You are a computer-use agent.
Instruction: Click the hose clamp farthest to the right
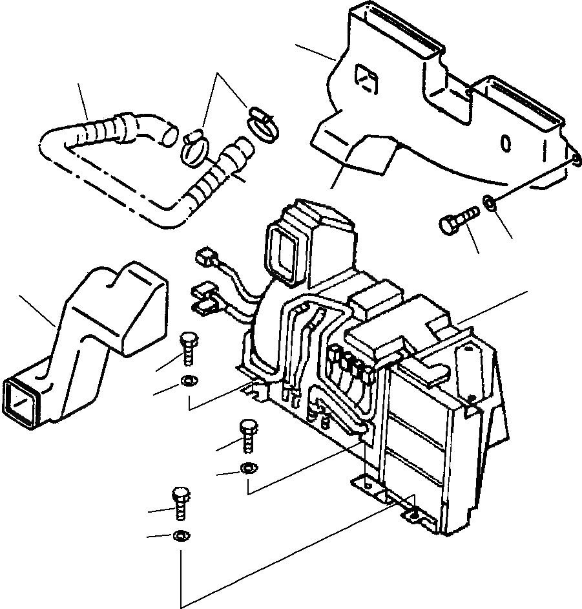coord(261,122)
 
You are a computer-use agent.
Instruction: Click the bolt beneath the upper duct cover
coord(456,219)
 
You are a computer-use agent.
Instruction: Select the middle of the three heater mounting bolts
coord(248,434)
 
